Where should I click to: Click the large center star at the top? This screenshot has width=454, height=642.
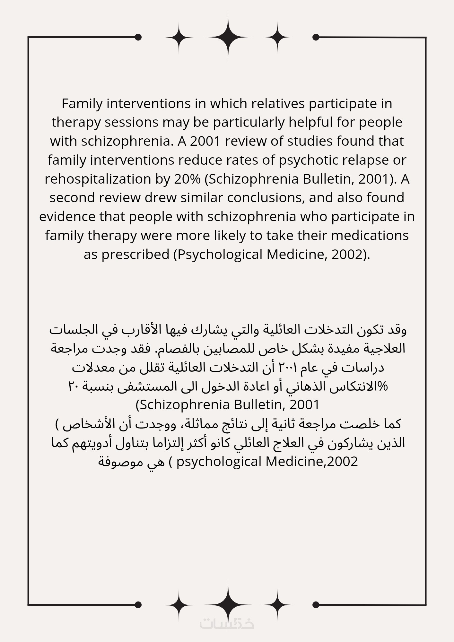click(228, 37)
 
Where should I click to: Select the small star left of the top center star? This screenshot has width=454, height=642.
click(179, 37)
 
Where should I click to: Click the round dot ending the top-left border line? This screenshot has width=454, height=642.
click(138, 37)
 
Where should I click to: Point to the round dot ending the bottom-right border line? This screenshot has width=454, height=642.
click(316, 605)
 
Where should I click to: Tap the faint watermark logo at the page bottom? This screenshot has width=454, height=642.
click(227, 623)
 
